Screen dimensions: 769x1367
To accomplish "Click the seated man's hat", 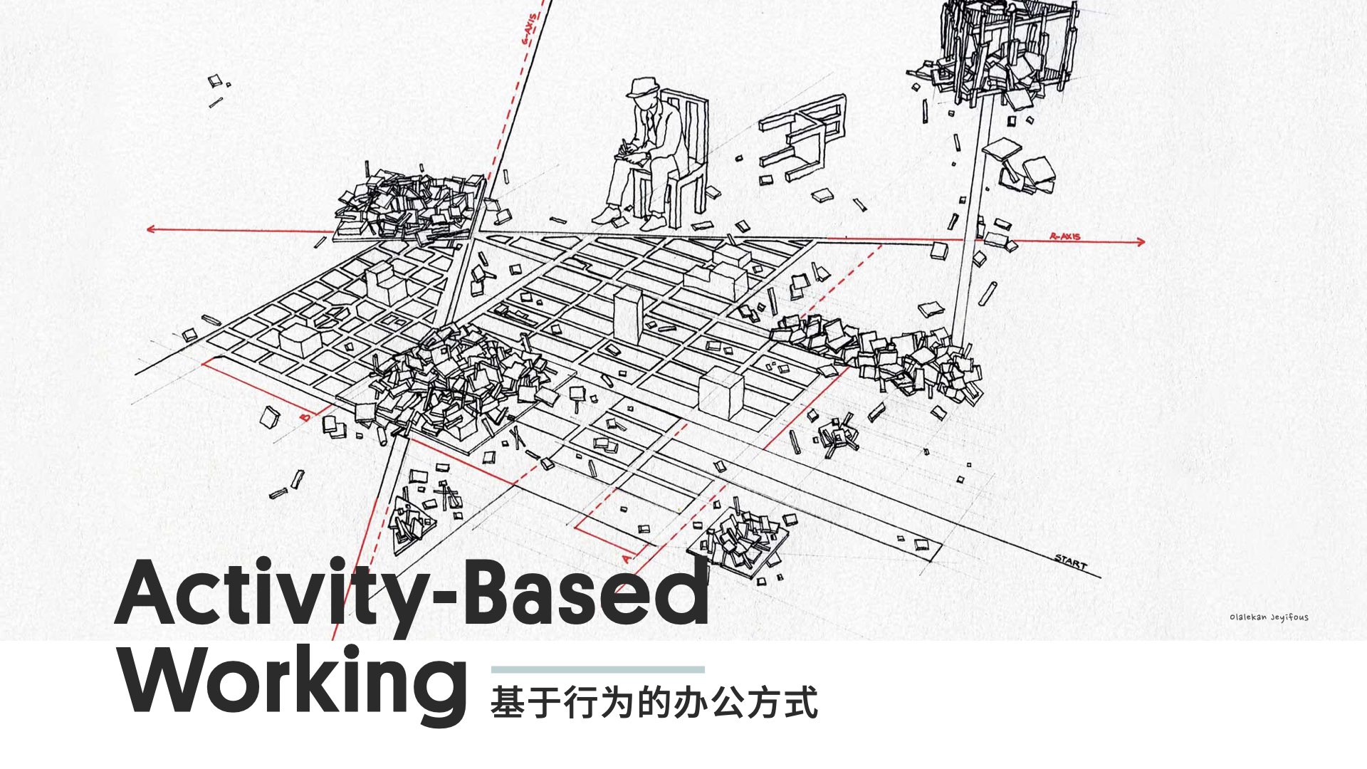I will coord(644,88).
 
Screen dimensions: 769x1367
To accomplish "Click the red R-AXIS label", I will coord(1065,236).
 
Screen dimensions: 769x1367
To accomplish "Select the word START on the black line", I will coord(1071,562).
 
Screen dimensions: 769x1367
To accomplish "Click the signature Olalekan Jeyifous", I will coord(1268,617).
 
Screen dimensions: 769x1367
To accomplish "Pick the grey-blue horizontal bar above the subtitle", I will coord(597,669).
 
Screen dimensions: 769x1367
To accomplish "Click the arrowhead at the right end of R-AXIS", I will coord(1141,242).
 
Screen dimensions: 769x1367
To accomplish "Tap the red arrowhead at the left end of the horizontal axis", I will coord(151,229).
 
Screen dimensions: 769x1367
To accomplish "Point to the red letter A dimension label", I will coord(627,558).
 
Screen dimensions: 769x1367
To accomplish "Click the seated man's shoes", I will coord(627,217).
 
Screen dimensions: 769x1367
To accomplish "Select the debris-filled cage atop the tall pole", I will coord(1000,50).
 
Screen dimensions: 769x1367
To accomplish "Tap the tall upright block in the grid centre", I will coord(628,313).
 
